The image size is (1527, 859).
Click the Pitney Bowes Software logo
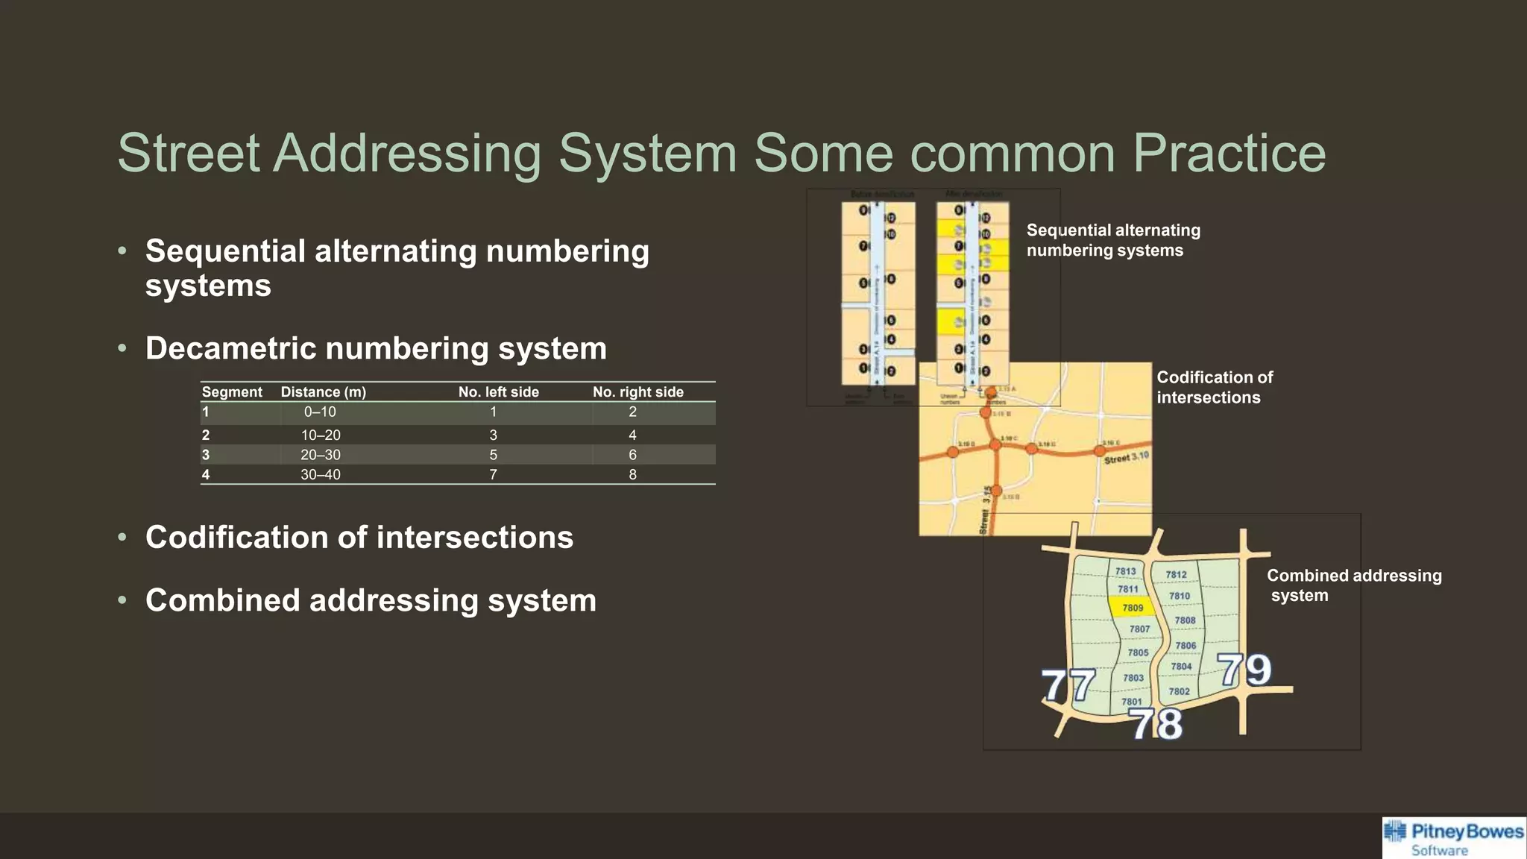pyautogui.click(x=1454, y=838)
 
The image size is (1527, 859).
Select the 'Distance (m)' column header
pyautogui.click(x=323, y=392)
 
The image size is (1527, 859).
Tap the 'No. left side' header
pyautogui.click(x=498, y=392)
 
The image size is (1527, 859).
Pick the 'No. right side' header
pyautogui.click(x=637, y=392)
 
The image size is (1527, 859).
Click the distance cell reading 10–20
pyautogui.click(x=321, y=435)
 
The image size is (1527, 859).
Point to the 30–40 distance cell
pyautogui.click(x=321, y=475)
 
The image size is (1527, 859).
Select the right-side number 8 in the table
pyautogui.click(x=632, y=475)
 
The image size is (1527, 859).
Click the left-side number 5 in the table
pyautogui.click(x=493, y=455)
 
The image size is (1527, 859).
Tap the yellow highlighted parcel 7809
pyautogui.click(x=1133, y=608)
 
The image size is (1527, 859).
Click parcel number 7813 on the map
pyautogui.click(x=1125, y=571)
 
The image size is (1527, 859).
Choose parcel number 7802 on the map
pyautogui.click(x=1179, y=691)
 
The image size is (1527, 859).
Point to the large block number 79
pyautogui.click(x=1244, y=670)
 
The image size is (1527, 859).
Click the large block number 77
pyautogui.click(x=1068, y=685)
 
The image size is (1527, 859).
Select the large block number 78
pyautogui.click(x=1156, y=723)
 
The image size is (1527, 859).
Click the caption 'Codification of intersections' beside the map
pyautogui.click(x=1214, y=387)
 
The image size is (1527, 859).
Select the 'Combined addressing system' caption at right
pyautogui.click(x=1353, y=585)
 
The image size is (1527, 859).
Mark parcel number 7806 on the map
pyautogui.click(x=1186, y=646)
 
